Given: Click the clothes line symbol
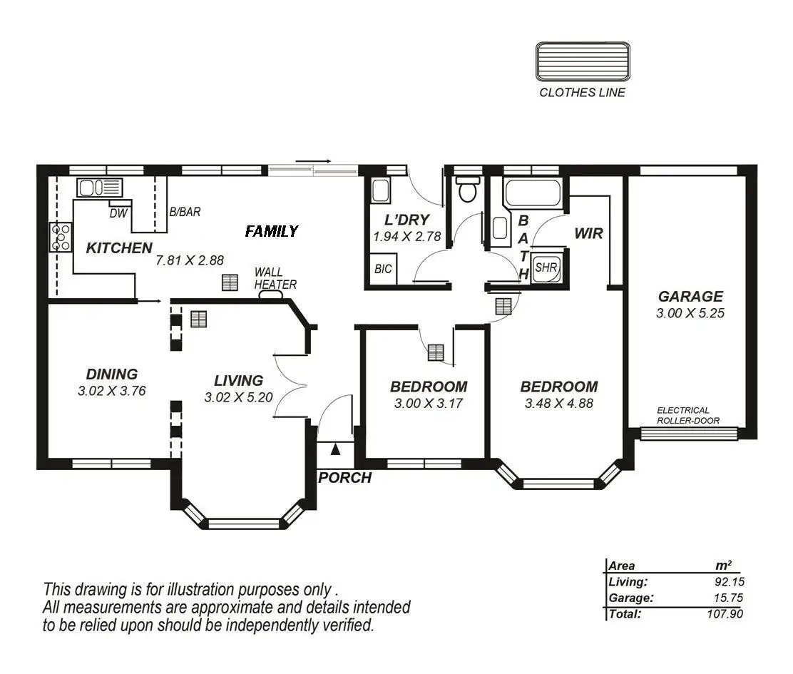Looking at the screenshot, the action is point(583,61).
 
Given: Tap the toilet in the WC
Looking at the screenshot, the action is point(467,188).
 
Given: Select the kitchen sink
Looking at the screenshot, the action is point(100,188).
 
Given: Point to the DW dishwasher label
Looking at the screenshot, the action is point(119,214).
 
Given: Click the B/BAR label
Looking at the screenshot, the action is point(185,212).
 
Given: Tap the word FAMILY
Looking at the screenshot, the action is point(272,232).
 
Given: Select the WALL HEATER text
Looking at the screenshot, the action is point(275,279).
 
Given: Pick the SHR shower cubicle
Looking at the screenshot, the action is point(546,267).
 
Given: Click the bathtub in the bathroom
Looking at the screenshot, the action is point(532,193).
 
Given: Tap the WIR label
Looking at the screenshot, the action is point(588,234).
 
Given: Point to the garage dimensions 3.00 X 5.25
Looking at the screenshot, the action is point(690,313).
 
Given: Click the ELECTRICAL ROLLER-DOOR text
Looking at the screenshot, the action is point(687,415).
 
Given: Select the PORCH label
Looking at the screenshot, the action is point(345,478).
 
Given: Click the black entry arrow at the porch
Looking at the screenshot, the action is point(335,449).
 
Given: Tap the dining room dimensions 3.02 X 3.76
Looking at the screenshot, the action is point(112,391).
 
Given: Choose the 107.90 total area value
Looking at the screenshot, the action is point(725,614).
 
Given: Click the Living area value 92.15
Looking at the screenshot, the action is point(730,582).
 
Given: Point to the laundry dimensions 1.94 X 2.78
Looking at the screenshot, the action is point(407,236).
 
